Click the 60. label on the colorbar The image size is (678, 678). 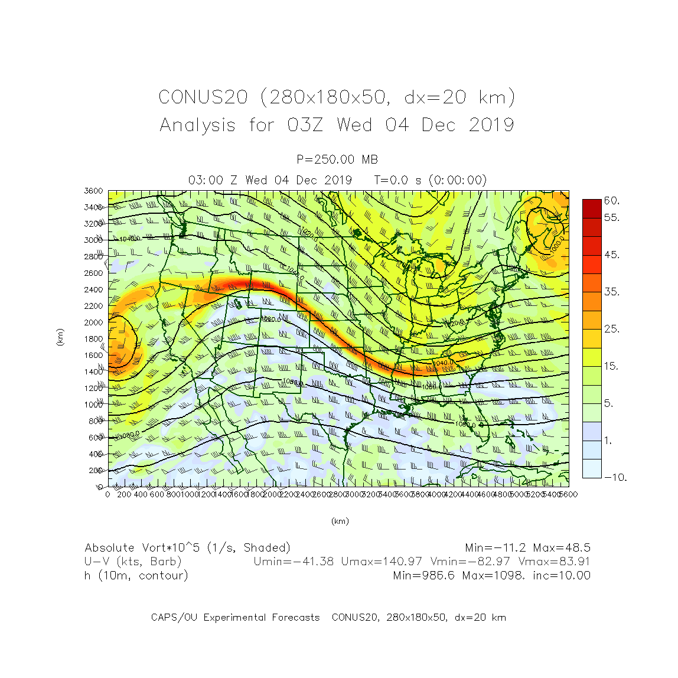pyautogui.click(x=611, y=201)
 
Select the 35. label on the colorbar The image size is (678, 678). pyautogui.click(x=611, y=292)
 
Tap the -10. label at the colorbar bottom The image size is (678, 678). pyautogui.click(x=615, y=477)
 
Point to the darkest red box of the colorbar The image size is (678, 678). pyautogui.click(x=592, y=208)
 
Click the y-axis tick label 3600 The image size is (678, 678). pyautogui.click(x=93, y=191)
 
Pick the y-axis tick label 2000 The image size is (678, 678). pyautogui.click(x=93, y=322)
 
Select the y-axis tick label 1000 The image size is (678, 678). pyautogui.click(x=93, y=405)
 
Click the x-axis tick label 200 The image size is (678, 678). pyautogui.click(x=124, y=494)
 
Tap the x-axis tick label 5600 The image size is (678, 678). pyautogui.click(x=568, y=494)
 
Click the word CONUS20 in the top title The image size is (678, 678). pyautogui.click(x=203, y=97)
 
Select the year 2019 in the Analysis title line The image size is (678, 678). pyautogui.click(x=491, y=125)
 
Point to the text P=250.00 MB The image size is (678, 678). pyautogui.click(x=337, y=159)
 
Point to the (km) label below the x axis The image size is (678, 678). pyautogui.click(x=340, y=521)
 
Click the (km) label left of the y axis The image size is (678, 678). pyautogui.click(x=60, y=337)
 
